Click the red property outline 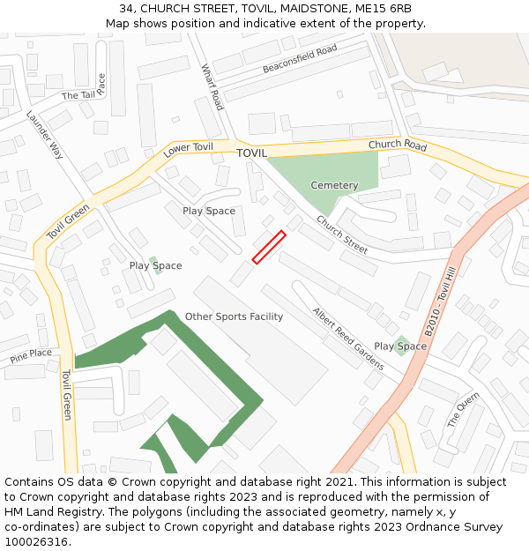pyautogui.click(x=269, y=247)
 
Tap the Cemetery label pyautogui.click(x=334, y=185)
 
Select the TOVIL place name pyautogui.click(x=251, y=153)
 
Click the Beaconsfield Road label pyautogui.click(x=300, y=59)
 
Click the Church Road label pyautogui.click(x=398, y=145)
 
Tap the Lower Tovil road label pyautogui.click(x=189, y=150)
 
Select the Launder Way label pyautogui.click(x=45, y=134)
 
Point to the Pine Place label pyautogui.click(x=31, y=354)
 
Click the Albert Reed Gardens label pyautogui.click(x=348, y=338)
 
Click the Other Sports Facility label pyautogui.click(x=234, y=316)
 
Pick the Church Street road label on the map pyautogui.click(x=342, y=235)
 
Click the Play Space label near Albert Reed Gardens pyautogui.click(x=400, y=346)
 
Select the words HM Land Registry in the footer pyautogui.click(x=45, y=512)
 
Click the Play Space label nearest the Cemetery pyautogui.click(x=209, y=211)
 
